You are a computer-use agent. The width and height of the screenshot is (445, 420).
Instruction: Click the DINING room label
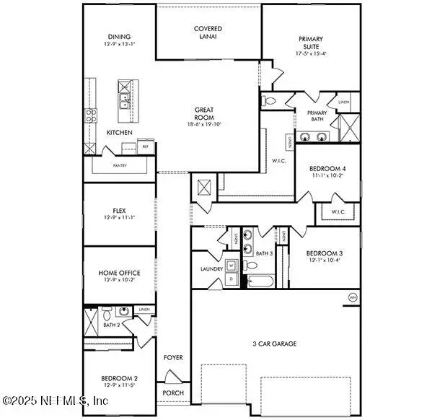click(x=119, y=37)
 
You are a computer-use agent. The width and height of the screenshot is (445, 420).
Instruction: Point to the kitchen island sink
click(x=123, y=99)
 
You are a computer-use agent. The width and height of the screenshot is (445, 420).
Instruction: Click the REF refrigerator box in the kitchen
click(x=145, y=146)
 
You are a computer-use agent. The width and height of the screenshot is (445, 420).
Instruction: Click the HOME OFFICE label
click(x=119, y=273)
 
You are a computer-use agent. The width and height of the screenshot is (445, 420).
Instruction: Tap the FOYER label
click(x=173, y=357)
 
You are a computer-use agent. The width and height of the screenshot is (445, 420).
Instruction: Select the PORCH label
click(x=173, y=393)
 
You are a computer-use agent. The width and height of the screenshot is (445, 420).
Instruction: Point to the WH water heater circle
click(x=353, y=297)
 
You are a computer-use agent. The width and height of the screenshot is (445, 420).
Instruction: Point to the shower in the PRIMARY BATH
click(x=348, y=129)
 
